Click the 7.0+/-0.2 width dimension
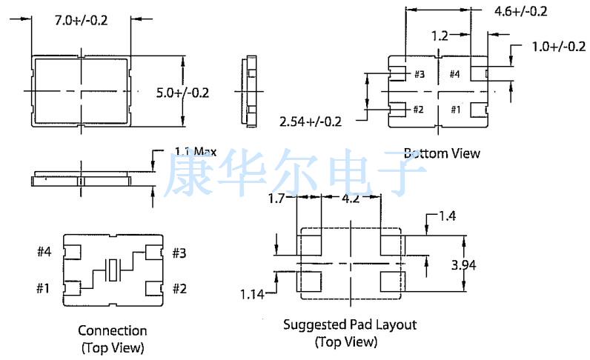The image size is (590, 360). pyautogui.click(x=82, y=20)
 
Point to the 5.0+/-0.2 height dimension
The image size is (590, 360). pyautogui.click(x=182, y=93)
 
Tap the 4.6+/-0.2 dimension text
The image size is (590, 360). pyautogui.click(x=520, y=11)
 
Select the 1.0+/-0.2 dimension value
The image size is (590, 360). pyautogui.click(x=558, y=47)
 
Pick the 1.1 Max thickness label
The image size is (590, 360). pyautogui.click(x=196, y=151)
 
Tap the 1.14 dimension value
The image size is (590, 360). pyautogui.click(x=253, y=294)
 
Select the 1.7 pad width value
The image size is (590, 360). pyautogui.click(x=276, y=199)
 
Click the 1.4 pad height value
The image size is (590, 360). pyautogui.click(x=447, y=216)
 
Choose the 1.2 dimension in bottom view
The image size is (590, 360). pyautogui.click(x=440, y=35)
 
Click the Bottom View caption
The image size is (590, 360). pyautogui.click(x=442, y=153)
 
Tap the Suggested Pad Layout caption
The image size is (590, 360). pyautogui.click(x=350, y=324)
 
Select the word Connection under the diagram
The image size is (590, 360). pyautogui.click(x=113, y=330)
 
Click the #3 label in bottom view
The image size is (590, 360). pyautogui.click(x=419, y=74)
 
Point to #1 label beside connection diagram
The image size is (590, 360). pyautogui.click(x=43, y=287)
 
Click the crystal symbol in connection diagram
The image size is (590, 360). pyautogui.click(x=113, y=270)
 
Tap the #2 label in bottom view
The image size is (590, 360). pyautogui.click(x=418, y=110)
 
